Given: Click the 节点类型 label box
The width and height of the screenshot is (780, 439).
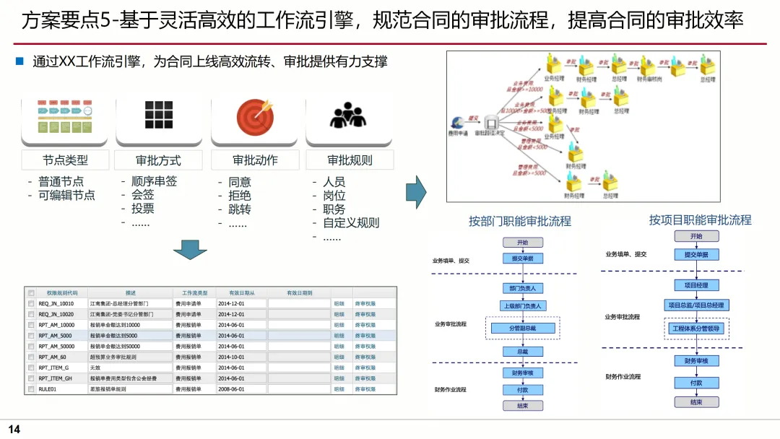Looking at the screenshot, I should point(65,160).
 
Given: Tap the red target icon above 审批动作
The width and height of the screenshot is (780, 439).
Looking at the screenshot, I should point(255,116).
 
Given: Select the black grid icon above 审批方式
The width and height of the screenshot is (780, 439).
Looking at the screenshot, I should point(159,115).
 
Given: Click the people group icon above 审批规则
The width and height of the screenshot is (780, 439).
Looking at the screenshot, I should point(349,116).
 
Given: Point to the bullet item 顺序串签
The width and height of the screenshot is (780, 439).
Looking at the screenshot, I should point(154,181).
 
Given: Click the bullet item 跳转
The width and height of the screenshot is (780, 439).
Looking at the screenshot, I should point(240,209).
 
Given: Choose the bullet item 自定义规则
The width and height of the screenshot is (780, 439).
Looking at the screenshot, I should point(351,223).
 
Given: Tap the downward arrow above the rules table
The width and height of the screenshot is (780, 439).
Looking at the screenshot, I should point(190,249).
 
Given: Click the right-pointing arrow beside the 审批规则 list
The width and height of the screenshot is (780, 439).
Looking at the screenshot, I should point(416,191).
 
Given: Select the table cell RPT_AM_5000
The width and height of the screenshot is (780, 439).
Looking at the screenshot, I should point(56,336).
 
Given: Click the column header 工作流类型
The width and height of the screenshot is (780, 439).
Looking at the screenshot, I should point(194,293).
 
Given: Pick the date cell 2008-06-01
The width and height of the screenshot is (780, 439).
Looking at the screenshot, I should point(232,389).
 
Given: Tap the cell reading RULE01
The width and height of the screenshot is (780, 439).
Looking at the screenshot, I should point(48,389).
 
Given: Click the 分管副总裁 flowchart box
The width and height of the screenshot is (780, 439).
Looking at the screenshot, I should point(523,329).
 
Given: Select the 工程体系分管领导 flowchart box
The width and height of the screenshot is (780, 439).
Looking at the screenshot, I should point(696,329).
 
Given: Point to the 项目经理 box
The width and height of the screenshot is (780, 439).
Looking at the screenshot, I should point(696,285).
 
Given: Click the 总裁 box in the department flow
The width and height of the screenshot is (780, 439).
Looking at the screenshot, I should point(523,352).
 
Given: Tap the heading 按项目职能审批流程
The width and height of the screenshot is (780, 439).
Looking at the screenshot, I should point(700,219).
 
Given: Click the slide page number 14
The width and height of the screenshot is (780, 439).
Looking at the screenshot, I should point(14,430).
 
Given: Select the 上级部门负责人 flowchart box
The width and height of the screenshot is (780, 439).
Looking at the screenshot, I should point(523,305).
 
